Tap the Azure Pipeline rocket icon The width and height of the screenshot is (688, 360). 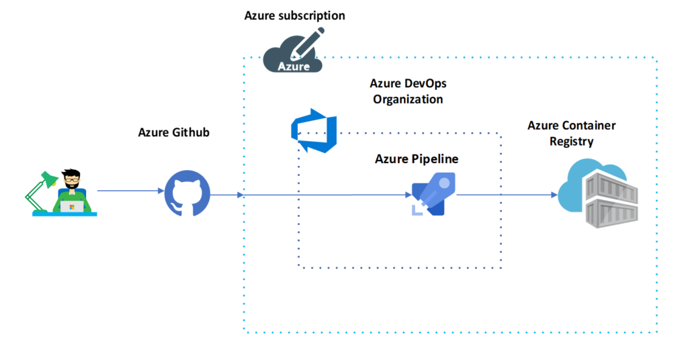433,194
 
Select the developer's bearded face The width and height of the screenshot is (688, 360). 72,181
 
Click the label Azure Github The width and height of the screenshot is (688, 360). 173,132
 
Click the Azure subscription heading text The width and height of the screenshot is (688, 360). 294,15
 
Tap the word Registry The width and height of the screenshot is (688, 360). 571,141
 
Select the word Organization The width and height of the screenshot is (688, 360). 408,99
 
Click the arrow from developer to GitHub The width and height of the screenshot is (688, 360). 131,191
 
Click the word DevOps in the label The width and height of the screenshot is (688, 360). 425,84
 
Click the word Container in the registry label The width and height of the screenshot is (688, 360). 590,126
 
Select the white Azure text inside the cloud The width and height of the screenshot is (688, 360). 294,66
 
